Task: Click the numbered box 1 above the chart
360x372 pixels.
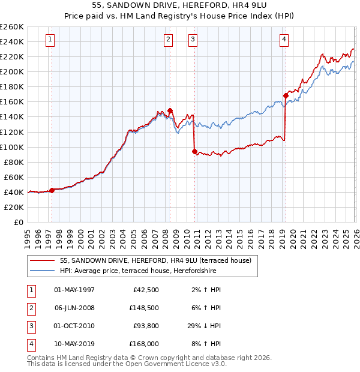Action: point(49,40)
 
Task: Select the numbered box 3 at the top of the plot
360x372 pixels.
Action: point(193,40)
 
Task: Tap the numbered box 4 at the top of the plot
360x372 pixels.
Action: point(284,40)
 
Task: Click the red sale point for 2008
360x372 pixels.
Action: point(170,110)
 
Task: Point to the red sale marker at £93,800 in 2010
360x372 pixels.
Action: point(194,152)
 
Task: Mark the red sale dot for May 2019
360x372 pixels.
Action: point(286,95)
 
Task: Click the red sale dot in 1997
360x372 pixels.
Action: point(52,190)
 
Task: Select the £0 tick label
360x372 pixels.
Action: point(17,222)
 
